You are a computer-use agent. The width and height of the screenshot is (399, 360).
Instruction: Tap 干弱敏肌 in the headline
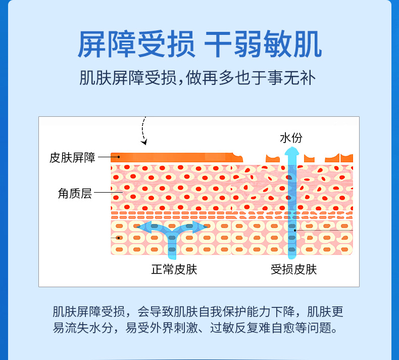pyautogui.click(x=263, y=44)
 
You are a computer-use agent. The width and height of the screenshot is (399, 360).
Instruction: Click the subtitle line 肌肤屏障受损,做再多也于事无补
pyautogui.click(x=199, y=78)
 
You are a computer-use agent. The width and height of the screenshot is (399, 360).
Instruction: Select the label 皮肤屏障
pyautogui.click(x=72, y=157)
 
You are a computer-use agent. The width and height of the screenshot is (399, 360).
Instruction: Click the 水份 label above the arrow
pyautogui.click(x=291, y=138)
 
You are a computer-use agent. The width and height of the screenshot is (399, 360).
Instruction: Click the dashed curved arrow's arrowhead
pyautogui.click(x=144, y=142)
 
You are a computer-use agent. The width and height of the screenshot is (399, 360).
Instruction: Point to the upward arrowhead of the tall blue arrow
pyautogui.click(x=291, y=152)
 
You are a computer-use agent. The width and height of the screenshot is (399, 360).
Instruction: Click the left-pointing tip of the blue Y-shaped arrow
pyautogui.click(x=141, y=226)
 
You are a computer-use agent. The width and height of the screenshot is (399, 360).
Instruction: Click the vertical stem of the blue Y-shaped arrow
pyautogui.click(x=172, y=245)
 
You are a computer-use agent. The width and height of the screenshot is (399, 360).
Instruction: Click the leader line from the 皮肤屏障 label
pyautogui.click(x=107, y=157)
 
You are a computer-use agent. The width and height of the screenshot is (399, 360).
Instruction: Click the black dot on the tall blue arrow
pyautogui.click(x=295, y=231)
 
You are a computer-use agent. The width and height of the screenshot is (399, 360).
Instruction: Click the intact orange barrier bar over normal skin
pyautogui.click(x=172, y=157)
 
